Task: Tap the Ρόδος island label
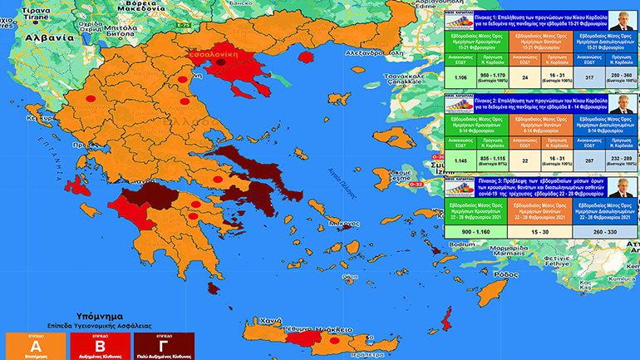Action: [x=504, y=273]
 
